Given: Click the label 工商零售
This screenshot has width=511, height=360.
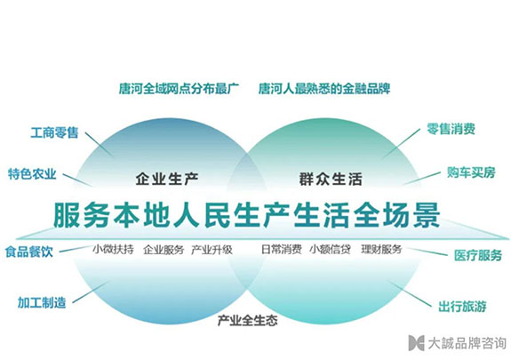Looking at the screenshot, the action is click(54, 132).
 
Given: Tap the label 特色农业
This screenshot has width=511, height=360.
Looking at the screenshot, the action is click(32, 174).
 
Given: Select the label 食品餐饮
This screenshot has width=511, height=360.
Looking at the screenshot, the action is click(29, 252).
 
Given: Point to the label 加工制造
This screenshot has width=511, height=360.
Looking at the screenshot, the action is click(42, 302).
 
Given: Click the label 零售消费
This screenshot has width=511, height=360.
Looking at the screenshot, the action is click(451, 129).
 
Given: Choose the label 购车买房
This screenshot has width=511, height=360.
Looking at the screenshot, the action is click(471, 172).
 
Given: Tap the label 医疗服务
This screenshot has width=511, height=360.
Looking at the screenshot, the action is click(478, 255).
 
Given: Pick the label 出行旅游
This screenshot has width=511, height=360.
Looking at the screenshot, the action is click(462, 307).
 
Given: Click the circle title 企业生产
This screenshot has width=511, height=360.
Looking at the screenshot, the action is click(167, 179).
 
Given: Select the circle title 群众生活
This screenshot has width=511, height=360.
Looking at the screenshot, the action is click(331, 180).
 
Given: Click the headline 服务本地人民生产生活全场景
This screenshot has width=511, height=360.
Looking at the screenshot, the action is click(247, 215).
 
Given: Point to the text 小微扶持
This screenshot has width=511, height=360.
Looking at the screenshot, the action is click(113, 250).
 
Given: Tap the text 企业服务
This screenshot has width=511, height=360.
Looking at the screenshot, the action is click(164, 250).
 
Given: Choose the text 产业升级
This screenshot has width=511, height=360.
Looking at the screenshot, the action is click(212, 250).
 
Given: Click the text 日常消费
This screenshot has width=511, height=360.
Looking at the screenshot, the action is click(282, 250).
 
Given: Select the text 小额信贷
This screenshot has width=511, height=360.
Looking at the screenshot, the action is click(330, 250).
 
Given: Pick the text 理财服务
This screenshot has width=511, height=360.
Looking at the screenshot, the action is click(381, 250).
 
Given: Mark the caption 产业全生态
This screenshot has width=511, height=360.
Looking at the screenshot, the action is click(247, 321).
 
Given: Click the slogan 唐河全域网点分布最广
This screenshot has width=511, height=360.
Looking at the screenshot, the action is click(179, 88).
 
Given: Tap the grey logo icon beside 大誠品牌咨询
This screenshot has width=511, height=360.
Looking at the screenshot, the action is click(416, 343).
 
